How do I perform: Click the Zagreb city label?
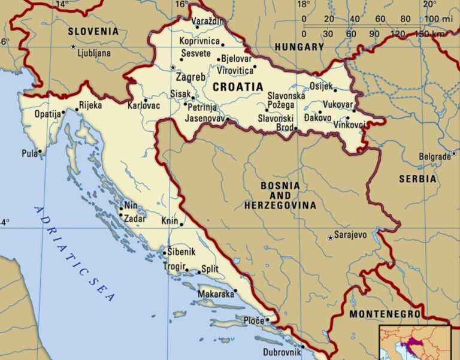click(190, 78)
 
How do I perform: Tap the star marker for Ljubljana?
click(74, 46)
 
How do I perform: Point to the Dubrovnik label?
click(279, 353)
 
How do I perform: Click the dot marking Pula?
click(40, 151)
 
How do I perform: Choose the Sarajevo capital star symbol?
click(330, 238)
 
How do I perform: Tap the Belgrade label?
click(434, 157)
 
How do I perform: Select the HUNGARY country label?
click(299, 47)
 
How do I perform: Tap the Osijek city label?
click(320, 86)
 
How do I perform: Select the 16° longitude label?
click(181, 5)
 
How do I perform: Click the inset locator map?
click(414, 343)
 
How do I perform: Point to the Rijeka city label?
click(90, 105)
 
